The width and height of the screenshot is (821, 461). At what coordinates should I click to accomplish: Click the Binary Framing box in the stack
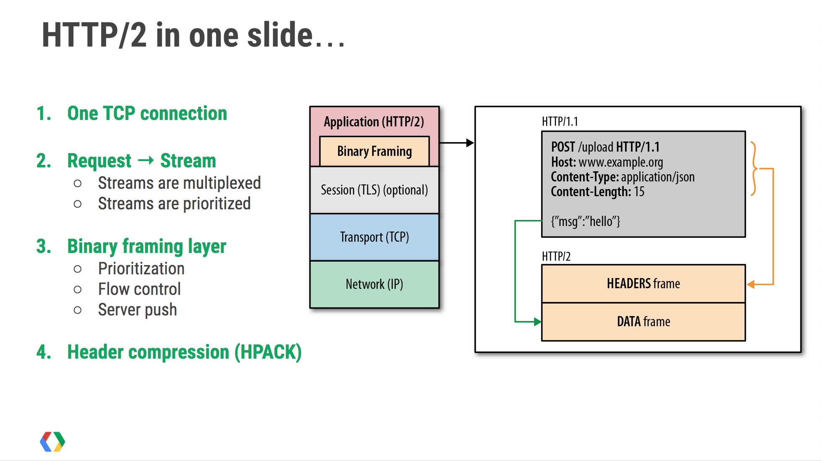[374, 151]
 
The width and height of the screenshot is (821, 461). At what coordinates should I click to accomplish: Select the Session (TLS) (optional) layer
[374, 190]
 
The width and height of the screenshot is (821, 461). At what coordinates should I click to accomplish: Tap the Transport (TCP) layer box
[374, 237]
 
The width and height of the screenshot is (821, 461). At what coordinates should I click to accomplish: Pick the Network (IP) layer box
[374, 284]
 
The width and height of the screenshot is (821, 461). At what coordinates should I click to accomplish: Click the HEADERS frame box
[643, 284]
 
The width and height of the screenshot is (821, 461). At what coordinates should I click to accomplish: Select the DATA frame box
[643, 322]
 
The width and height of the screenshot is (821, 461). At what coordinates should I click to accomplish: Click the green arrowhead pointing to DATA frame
[537, 322]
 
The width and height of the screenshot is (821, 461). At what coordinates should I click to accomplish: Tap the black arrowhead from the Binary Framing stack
[470, 143]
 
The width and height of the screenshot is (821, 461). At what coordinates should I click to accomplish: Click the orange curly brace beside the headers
[754, 169]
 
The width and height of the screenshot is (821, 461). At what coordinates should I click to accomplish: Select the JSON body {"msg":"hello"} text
[585, 221]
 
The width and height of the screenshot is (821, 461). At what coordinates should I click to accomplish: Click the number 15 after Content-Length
[639, 192]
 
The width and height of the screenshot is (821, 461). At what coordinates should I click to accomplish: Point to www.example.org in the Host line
[620, 162]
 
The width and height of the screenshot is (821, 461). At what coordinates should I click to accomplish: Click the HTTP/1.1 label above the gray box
[560, 122]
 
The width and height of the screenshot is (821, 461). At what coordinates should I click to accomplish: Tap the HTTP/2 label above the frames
[556, 256]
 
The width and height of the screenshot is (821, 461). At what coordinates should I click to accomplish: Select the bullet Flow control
[139, 289]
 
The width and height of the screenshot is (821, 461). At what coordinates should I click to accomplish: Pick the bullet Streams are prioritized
[174, 203]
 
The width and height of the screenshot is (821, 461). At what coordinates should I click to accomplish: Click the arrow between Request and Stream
[146, 160]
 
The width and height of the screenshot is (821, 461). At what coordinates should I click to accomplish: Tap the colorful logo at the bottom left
[52, 442]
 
